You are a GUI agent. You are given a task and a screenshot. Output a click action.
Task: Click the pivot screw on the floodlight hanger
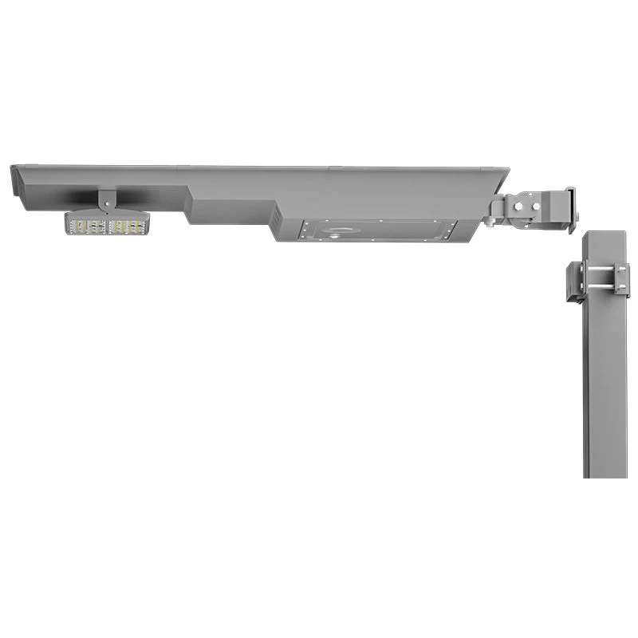click(104, 199)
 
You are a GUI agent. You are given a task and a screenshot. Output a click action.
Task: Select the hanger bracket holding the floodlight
click(105, 202)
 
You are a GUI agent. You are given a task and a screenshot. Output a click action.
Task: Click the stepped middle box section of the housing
click(231, 210)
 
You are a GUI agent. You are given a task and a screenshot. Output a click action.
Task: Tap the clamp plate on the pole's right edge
click(623, 280)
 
